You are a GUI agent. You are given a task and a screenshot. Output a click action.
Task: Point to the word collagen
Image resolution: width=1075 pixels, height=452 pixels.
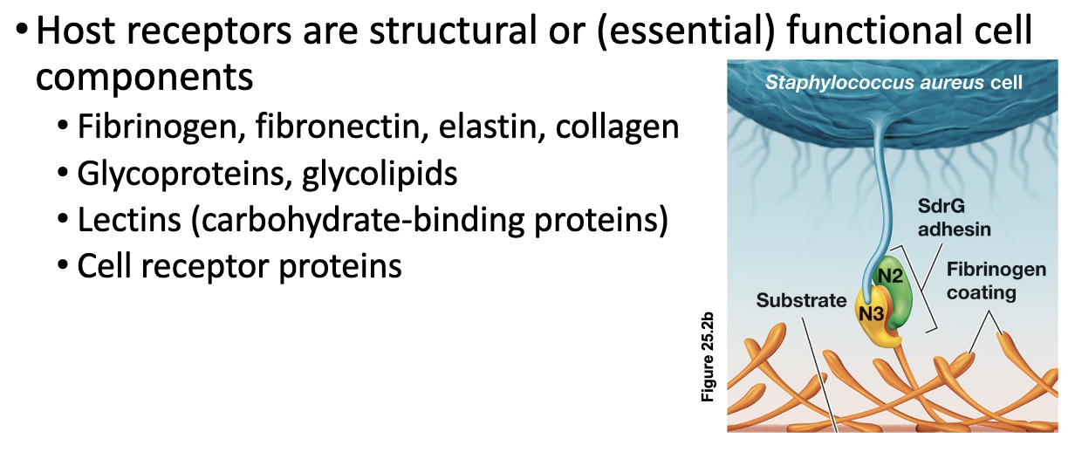(x=617, y=128)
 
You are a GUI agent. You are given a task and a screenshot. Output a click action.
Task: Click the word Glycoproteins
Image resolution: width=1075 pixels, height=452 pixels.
(x=185, y=175)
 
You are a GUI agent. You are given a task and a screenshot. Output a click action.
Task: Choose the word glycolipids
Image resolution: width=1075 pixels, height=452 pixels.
(x=380, y=175)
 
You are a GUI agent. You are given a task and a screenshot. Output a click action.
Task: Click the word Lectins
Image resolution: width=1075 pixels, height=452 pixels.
(x=129, y=220)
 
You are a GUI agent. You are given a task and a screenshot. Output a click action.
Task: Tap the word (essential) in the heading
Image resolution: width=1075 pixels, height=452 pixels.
(x=685, y=31)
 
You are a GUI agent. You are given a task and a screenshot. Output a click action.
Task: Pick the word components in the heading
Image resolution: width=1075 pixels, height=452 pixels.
(x=145, y=78)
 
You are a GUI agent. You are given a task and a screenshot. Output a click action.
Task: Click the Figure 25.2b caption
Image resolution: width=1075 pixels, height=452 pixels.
(x=708, y=357)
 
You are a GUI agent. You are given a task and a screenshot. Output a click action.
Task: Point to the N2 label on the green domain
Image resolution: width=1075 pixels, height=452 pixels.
(x=890, y=276)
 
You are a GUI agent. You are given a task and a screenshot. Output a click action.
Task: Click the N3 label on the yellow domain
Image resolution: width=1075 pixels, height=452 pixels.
(x=871, y=314)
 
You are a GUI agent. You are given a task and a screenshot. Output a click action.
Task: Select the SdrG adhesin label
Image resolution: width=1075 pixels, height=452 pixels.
(x=954, y=217)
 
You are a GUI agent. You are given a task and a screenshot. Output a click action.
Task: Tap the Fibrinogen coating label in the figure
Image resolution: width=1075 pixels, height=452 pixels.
(x=996, y=281)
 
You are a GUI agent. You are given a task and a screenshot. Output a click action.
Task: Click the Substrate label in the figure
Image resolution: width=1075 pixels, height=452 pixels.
(x=801, y=300)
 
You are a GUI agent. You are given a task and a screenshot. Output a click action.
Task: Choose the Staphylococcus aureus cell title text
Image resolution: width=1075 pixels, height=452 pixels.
(x=894, y=83)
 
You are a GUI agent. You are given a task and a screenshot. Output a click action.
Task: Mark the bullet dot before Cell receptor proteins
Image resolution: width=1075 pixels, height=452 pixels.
(x=63, y=265)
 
